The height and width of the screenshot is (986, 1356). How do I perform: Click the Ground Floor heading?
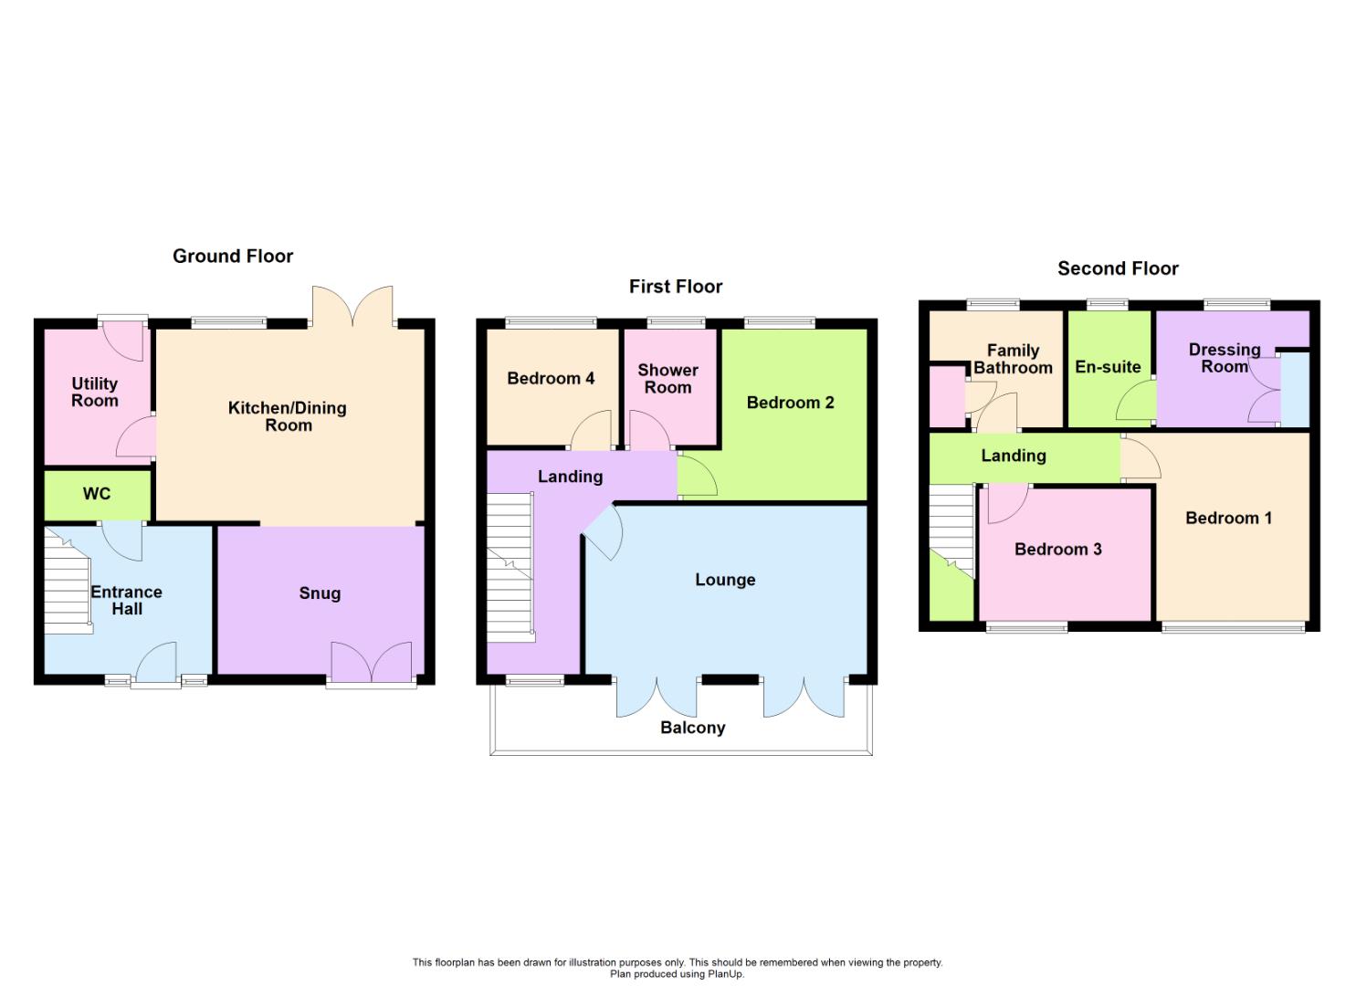(233, 257)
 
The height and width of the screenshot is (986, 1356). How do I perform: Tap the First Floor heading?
(676, 287)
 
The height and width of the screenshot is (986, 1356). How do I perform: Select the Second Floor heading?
(1118, 268)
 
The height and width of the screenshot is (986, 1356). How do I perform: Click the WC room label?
(97, 494)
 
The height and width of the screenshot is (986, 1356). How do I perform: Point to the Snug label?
(320, 593)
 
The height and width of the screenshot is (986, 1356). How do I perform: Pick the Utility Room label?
(95, 392)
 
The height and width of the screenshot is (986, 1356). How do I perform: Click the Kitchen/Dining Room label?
(288, 416)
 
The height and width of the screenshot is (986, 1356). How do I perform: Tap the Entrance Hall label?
(127, 600)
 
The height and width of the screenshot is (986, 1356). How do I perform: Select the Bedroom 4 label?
(551, 378)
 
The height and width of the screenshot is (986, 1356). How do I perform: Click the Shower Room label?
(667, 378)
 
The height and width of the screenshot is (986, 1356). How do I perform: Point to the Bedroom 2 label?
(790, 403)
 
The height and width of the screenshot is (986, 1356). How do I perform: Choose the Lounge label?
(725, 580)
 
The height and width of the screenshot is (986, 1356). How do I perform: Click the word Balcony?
(692, 728)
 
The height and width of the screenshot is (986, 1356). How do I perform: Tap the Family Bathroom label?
(1013, 359)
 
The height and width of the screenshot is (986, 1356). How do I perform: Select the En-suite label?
(1108, 367)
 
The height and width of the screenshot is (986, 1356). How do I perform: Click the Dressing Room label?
(1224, 358)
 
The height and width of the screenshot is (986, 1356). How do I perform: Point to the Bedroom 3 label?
(1057, 549)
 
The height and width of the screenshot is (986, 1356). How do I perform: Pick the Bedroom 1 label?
(1228, 519)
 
